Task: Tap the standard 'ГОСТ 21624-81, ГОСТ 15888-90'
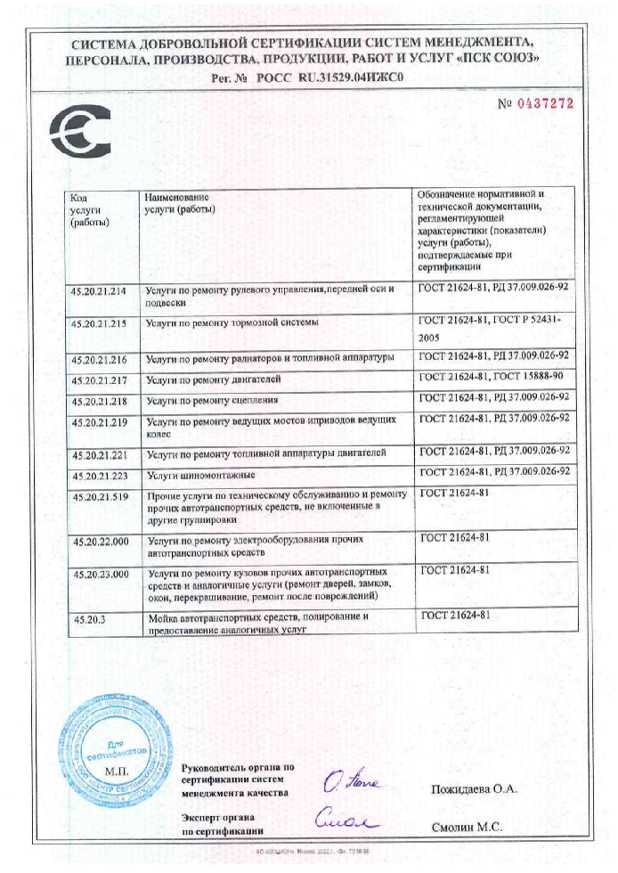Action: pos(493,380)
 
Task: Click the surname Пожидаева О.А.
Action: pos(474,790)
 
